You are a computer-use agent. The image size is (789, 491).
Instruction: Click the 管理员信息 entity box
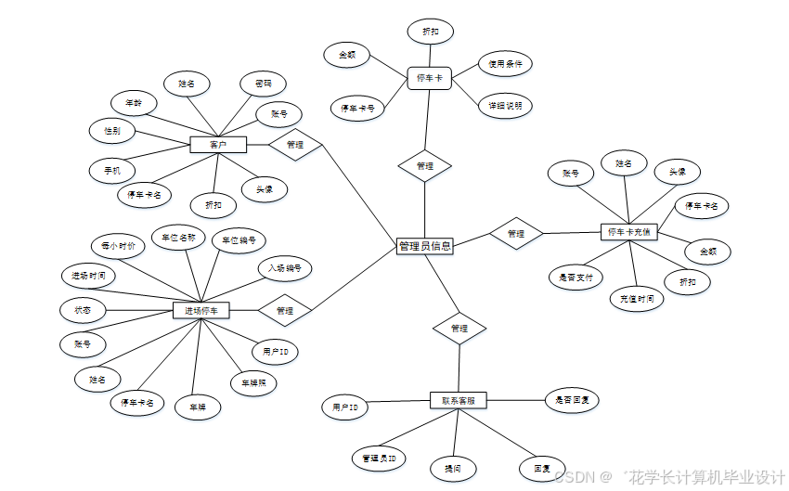click(x=424, y=246)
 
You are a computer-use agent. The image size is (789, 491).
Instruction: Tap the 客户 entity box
click(x=218, y=145)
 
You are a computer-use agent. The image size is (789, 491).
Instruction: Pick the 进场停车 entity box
click(x=201, y=310)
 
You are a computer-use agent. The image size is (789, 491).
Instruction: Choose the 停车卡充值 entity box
click(x=628, y=231)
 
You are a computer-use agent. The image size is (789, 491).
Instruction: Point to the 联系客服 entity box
click(x=459, y=400)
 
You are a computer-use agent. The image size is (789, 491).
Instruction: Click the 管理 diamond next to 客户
click(x=295, y=145)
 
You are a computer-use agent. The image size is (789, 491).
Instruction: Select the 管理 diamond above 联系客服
click(x=459, y=329)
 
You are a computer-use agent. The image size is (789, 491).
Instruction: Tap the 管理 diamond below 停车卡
click(x=425, y=166)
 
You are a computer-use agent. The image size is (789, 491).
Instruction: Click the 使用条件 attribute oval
click(x=505, y=64)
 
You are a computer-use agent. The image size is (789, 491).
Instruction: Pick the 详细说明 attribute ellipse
click(x=505, y=106)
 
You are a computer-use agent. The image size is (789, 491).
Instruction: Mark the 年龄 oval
click(x=134, y=102)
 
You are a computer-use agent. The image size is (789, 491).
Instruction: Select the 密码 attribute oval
click(x=263, y=84)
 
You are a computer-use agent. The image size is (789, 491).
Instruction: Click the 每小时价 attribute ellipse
click(x=118, y=246)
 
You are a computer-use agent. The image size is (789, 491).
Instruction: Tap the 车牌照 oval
click(x=252, y=382)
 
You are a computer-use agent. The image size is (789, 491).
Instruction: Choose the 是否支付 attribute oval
click(x=576, y=277)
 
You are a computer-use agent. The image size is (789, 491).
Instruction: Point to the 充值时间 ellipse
click(x=637, y=299)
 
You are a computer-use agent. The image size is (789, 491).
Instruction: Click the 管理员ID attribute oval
click(x=379, y=459)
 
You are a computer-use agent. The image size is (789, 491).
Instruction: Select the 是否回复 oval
click(x=572, y=401)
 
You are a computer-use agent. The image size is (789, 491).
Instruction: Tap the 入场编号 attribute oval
click(x=285, y=268)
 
